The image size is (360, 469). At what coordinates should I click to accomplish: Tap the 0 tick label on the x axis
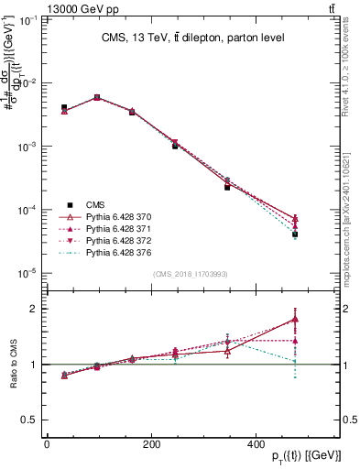pyautogui.click(x=47, y=444)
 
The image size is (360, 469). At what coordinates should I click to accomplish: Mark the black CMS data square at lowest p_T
pyautogui.click(x=64, y=107)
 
